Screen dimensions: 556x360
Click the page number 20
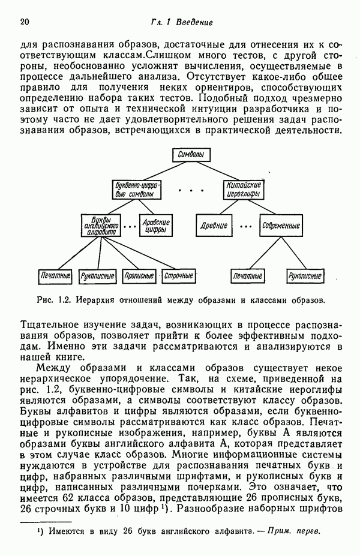pyautogui.click(x=25, y=22)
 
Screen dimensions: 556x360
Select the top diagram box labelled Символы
pyautogui.click(x=191, y=155)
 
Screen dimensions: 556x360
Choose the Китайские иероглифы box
pyautogui.click(x=244, y=190)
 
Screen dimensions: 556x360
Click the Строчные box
pyautogui.click(x=179, y=277)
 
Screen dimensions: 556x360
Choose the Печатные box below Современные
pyautogui.click(x=248, y=277)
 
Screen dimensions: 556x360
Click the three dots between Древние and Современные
pyautogui.click(x=245, y=227)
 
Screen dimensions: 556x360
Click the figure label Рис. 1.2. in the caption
pyautogui.click(x=55, y=298)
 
